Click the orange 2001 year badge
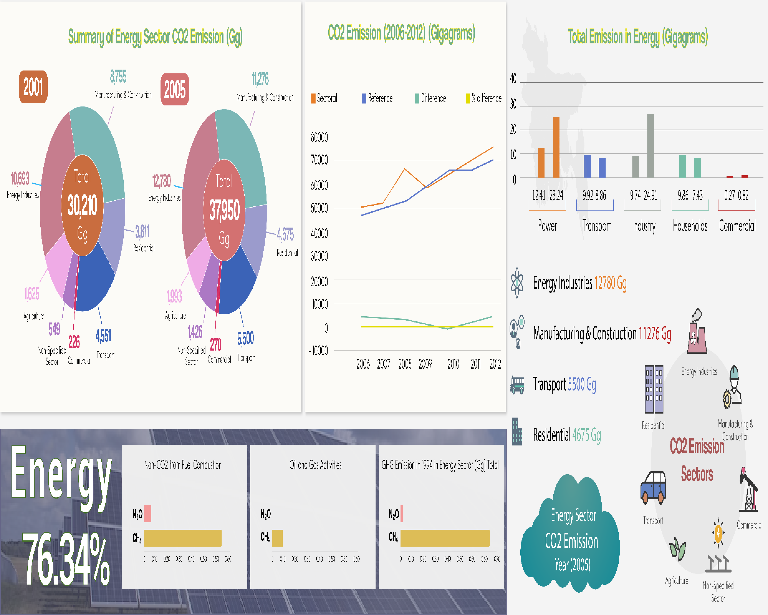(x=33, y=87)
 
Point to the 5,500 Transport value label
(x=245, y=338)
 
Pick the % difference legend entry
(x=483, y=98)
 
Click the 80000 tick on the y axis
(x=319, y=137)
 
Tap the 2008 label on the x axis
(x=405, y=364)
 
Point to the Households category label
(x=690, y=226)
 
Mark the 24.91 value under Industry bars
(x=650, y=195)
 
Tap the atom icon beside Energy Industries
(x=517, y=283)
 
